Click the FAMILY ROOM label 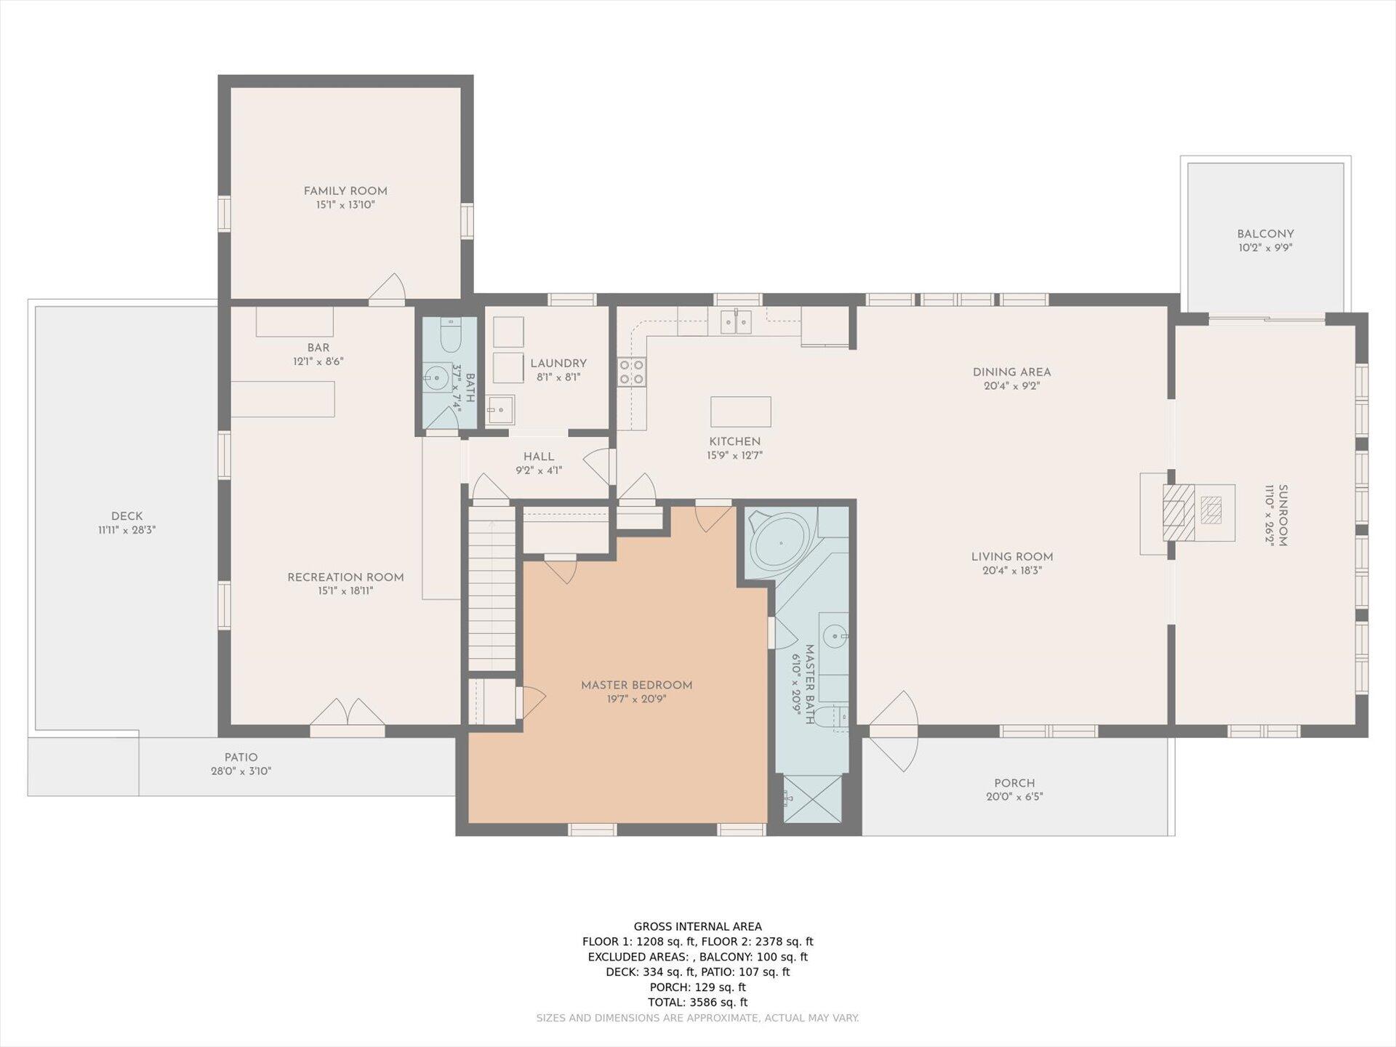(x=345, y=191)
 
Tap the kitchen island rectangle (x=740, y=412)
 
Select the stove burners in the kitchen (x=631, y=372)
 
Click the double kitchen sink (x=736, y=321)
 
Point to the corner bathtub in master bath (x=782, y=542)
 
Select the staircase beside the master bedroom (x=492, y=588)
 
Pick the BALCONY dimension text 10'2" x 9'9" (x=1265, y=248)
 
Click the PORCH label (x=1014, y=783)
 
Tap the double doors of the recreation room (x=348, y=713)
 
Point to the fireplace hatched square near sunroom (x=1178, y=513)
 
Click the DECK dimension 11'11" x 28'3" (x=127, y=530)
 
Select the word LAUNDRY (x=558, y=364)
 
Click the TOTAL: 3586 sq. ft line (x=698, y=1002)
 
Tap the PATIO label (x=241, y=758)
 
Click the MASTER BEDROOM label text (x=637, y=685)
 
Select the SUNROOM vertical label (x=1283, y=516)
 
